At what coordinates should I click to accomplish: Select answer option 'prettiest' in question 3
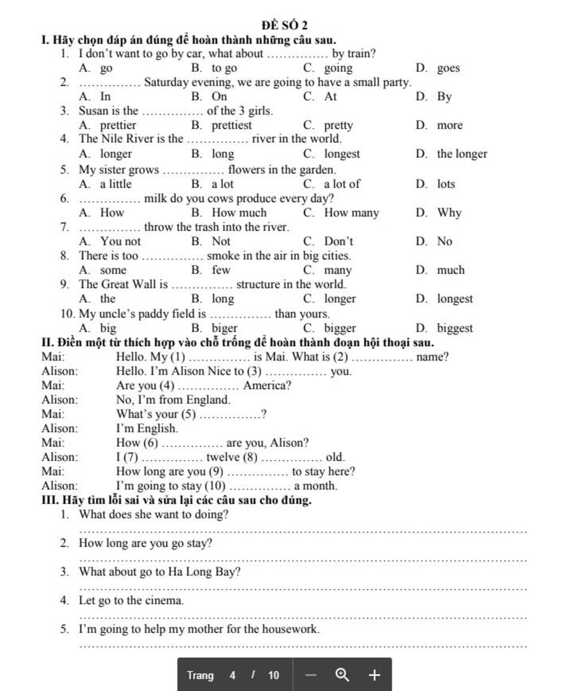coord(231,125)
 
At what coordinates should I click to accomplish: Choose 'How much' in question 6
coord(239,213)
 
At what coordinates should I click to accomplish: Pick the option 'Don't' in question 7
coord(338,241)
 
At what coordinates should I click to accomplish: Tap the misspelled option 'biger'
coord(224,328)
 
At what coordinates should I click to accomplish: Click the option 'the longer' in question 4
coord(461,154)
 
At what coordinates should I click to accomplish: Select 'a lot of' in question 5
coord(342,184)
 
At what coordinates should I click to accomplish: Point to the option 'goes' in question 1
coord(448,68)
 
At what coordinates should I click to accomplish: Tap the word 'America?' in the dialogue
coord(267,386)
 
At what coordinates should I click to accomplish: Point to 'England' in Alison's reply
coord(207,400)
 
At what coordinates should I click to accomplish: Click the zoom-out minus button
coord(311,675)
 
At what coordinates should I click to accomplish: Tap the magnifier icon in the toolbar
coord(342,675)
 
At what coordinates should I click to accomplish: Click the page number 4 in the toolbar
coord(232,675)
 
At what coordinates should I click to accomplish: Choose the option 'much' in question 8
coord(450,271)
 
